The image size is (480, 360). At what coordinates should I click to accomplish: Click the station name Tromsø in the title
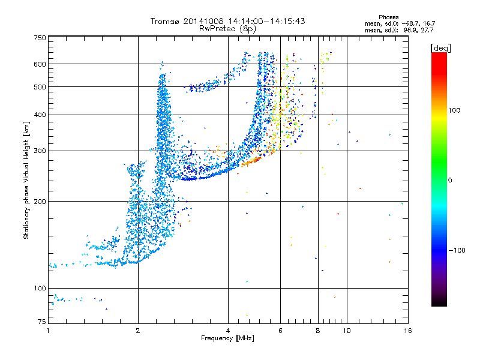[x=166, y=21]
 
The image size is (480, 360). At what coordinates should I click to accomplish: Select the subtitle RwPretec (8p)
[x=227, y=29]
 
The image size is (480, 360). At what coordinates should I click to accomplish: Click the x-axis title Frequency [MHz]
[x=227, y=338]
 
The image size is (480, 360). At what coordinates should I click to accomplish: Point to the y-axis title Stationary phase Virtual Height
[x=26, y=181]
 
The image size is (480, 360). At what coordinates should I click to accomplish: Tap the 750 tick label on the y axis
[x=40, y=38]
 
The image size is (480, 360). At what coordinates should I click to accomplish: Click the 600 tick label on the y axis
[x=40, y=64]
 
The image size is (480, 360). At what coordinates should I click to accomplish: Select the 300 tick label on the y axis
[x=40, y=151]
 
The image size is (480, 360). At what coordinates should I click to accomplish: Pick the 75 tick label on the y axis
[x=42, y=322]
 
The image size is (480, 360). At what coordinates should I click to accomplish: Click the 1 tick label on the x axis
[x=48, y=331]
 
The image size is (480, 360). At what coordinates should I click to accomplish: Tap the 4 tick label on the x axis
[x=228, y=331]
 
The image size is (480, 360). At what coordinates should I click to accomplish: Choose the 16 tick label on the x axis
[x=408, y=331]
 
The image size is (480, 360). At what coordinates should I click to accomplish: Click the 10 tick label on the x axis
[x=347, y=331]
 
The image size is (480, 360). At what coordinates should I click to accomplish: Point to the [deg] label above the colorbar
[x=440, y=48]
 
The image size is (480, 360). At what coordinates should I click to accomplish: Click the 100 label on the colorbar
[x=454, y=110]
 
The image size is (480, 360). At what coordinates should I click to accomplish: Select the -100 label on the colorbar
[x=457, y=250]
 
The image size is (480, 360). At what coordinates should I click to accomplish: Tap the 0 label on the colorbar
[x=450, y=180]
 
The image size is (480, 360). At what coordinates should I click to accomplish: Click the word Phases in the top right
[x=388, y=17]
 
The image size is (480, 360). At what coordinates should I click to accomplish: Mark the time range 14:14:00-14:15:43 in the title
[x=266, y=21]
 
